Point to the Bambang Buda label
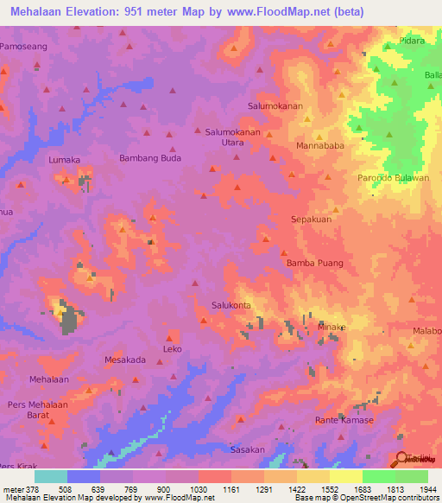pyautogui.click(x=150, y=159)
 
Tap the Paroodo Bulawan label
pyautogui.click(x=393, y=178)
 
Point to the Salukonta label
pyautogui.click(x=231, y=305)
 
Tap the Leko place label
pyautogui.click(x=172, y=350)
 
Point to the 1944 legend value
pyautogui.click(x=428, y=489)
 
